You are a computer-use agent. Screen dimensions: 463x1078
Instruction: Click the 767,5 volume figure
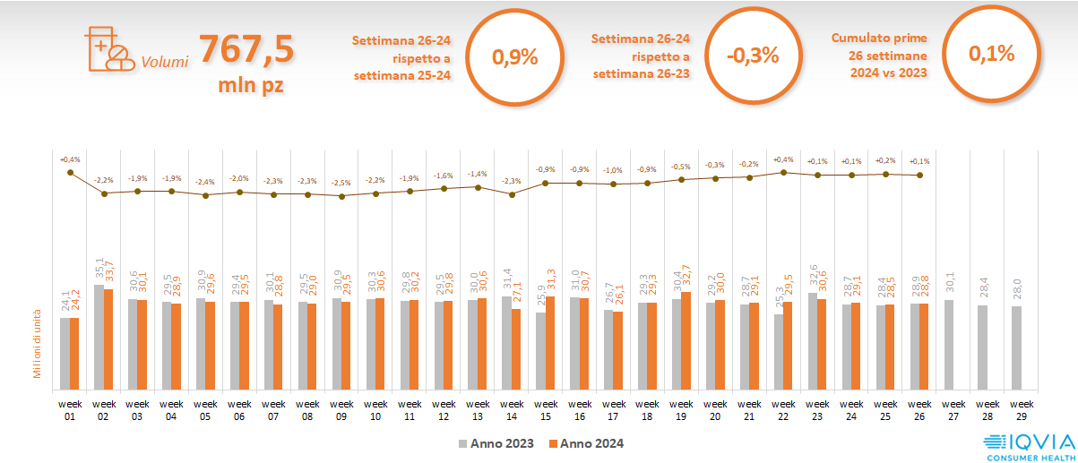click(246, 49)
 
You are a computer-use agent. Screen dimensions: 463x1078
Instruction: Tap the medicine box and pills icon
click(107, 48)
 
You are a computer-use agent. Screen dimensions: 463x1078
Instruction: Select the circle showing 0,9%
click(515, 57)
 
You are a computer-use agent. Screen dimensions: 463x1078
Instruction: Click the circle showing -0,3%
click(753, 56)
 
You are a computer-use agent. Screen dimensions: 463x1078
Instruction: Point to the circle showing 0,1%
click(991, 54)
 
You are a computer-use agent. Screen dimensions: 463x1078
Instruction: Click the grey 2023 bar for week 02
click(99, 324)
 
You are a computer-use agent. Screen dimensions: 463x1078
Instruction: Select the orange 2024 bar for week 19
click(686, 340)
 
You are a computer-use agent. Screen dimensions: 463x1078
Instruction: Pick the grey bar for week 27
click(949, 345)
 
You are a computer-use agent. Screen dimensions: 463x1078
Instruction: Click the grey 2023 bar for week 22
click(779, 351)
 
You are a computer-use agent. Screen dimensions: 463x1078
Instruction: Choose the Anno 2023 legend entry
click(496, 443)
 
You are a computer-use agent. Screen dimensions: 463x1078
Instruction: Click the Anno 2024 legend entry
click(586, 443)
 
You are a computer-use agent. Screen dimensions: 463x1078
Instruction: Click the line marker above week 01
click(70, 172)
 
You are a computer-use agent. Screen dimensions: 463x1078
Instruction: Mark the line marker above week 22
click(784, 172)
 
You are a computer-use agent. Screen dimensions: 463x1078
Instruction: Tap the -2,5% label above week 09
click(341, 183)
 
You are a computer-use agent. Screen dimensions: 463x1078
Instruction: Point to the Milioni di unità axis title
click(38, 345)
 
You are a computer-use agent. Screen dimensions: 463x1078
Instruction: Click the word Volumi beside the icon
click(165, 63)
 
